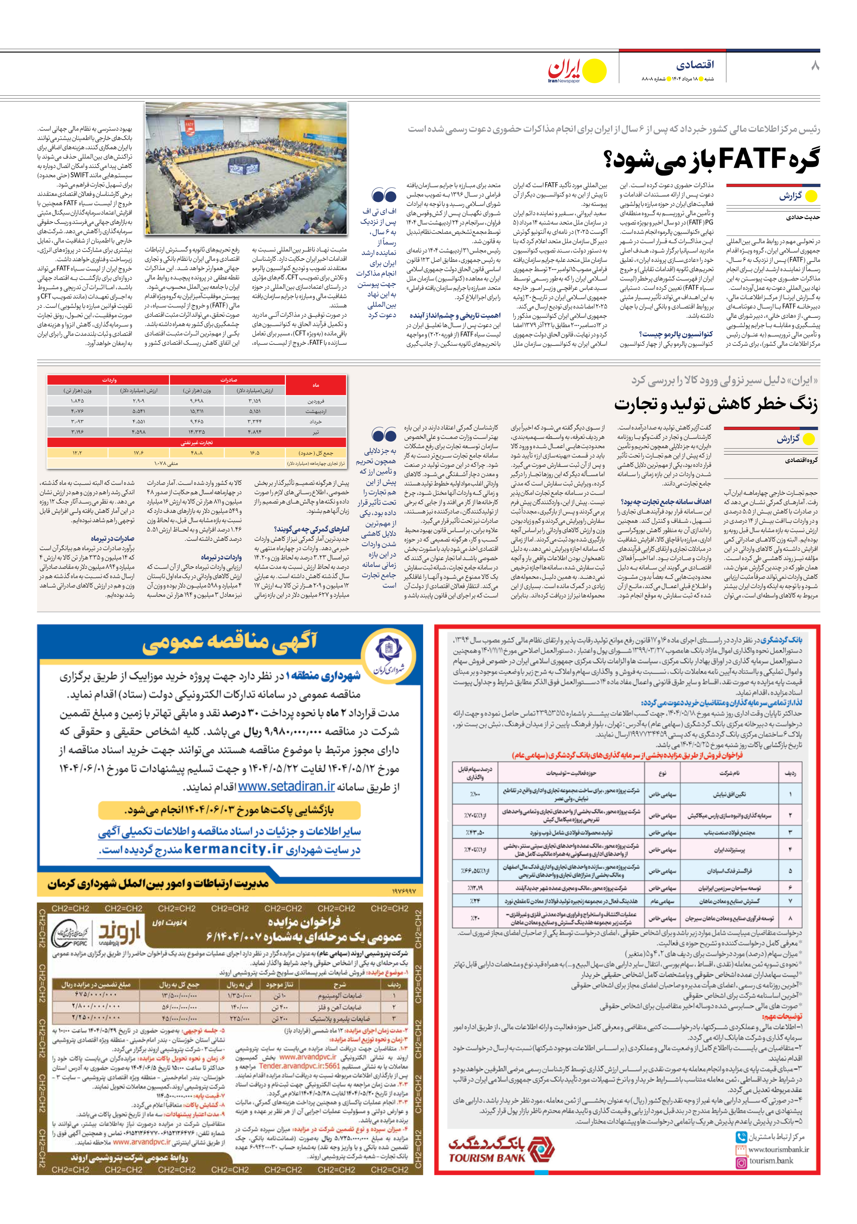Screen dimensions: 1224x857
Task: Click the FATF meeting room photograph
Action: [246, 168]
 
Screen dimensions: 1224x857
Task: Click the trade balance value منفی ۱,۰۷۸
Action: [166, 463]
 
